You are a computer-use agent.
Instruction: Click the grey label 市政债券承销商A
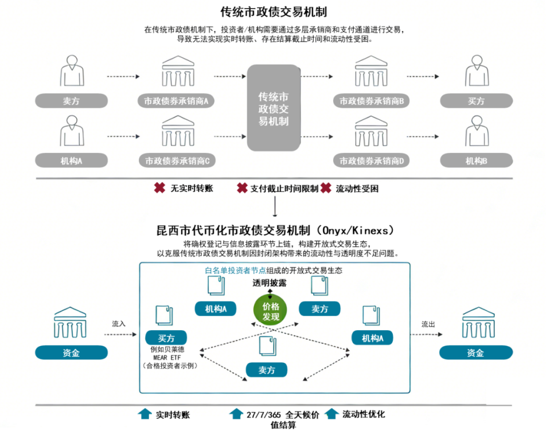pyautogui.click(x=176, y=101)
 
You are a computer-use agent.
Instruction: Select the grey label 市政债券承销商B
pyautogui.click(x=370, y=101)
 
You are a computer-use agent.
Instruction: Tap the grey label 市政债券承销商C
pyautogui.click(x=176, y=161)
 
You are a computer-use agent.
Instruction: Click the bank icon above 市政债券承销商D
pyautogui.click(x=370, y=132)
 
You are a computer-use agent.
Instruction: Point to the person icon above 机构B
pyautogui.click(x=476, y=131)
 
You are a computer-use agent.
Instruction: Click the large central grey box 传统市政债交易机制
pyautogui.click(x=274, y=108)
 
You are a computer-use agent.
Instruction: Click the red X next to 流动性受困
pyautogui.click(x=326, y=188)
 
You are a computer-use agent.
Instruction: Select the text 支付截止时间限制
pyautogui.click(x=284, y=189)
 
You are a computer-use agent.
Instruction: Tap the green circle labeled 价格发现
pyautogui.click(x=271, y=311)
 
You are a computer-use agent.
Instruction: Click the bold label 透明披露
pyautogui.click(x=270, y=283)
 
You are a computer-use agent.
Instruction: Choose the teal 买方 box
pyautogui.click(x=166, y=338)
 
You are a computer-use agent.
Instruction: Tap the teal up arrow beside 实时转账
pyautogui.click(x=145, y=414)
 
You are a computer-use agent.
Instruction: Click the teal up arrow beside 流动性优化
pyautogui.click(x=331, y=414)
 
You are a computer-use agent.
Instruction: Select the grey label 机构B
pyautogui.click(x=476, y=161)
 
